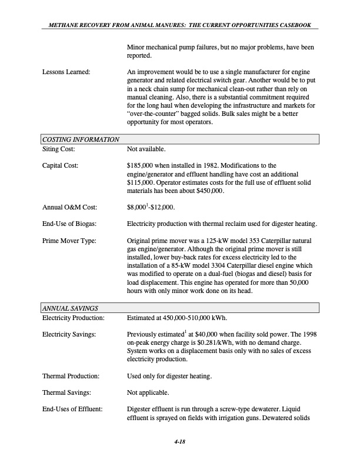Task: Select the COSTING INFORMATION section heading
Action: [81, 139]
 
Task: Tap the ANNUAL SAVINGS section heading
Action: [70, 308]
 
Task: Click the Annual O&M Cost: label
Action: [69, 207]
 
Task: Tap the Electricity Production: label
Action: [74, 318]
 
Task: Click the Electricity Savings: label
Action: [70, 335]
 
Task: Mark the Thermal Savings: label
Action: [66, 392]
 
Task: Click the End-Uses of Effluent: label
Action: [74, 408]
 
